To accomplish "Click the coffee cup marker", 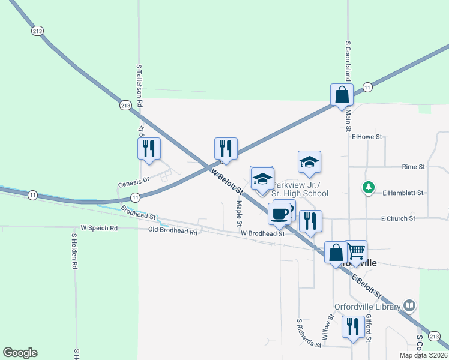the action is tap(279, 214).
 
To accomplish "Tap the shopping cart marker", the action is tap(356, 251).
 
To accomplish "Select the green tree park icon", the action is tap(369, 188).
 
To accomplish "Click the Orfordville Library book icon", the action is tap(409, 306).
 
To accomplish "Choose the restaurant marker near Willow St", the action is tap(352, 327).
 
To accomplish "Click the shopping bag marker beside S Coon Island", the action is tap(342, 95).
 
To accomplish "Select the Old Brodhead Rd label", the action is tap(173, 231).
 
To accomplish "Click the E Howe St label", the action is tap(367, 137).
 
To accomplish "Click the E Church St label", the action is tap(398, 219).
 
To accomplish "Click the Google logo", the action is tap(20, 353).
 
